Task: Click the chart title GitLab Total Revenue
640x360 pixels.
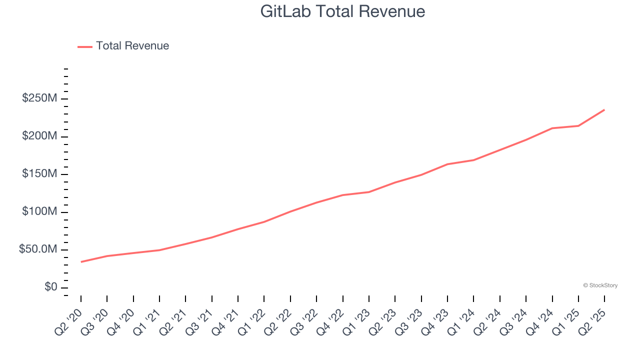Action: pos(342,11)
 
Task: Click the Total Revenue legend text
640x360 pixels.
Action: pos(132,46)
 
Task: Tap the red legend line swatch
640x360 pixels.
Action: pos(85,46)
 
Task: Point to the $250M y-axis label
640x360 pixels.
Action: pos(39,98)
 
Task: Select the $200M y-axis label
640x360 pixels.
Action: pos(39,136)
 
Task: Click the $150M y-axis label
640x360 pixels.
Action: pos(39,174)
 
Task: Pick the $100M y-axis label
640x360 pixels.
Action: pos(39,212)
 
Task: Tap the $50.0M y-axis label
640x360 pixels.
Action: pos(38,249)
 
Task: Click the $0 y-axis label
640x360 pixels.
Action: pos(51,287)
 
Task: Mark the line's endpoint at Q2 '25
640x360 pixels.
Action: pos(604,109)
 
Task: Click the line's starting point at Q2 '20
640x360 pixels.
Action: pos(81,262)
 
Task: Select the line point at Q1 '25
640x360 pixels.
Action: pos(578,125)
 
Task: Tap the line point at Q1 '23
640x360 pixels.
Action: pos(369,192)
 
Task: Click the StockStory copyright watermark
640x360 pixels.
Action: pos(600,285)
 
